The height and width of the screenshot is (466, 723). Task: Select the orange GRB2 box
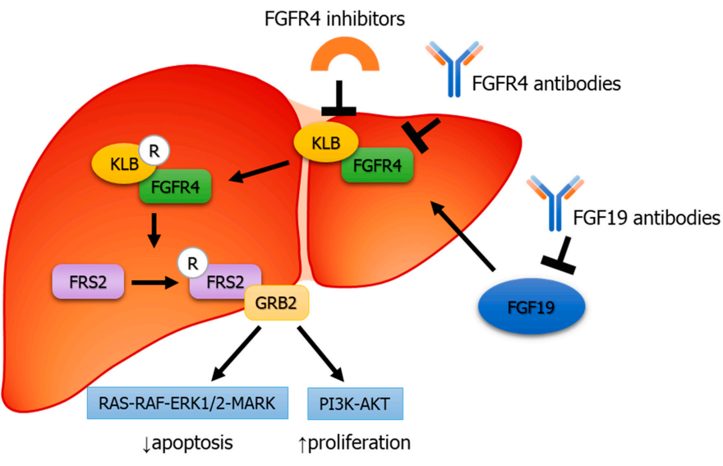(x=277, y=306)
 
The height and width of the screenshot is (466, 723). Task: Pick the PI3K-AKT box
(x=355, y=402)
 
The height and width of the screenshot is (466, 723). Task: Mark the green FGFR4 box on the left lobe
(x=175, y=188)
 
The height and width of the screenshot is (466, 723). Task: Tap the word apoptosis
(x=192, y=443)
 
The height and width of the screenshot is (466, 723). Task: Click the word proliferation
(x=359, y=443)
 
